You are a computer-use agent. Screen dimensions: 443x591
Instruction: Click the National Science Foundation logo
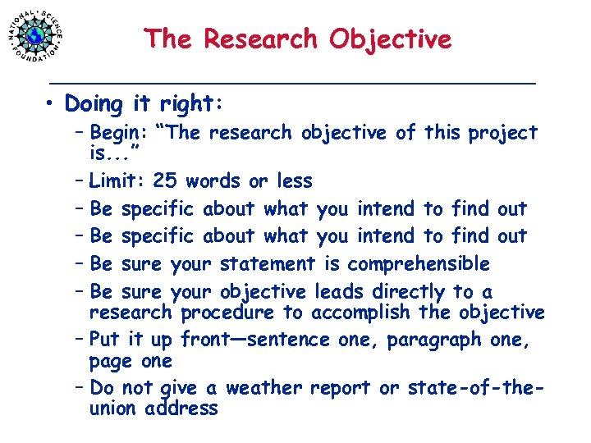(x=35, y=34)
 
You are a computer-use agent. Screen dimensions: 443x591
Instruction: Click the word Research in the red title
(x=260, y=39)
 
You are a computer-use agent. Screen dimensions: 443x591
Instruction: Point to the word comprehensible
(x=419, y=264)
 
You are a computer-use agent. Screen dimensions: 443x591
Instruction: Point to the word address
(x=182, y=409)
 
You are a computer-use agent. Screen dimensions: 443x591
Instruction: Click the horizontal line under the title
(x=291, y=84)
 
